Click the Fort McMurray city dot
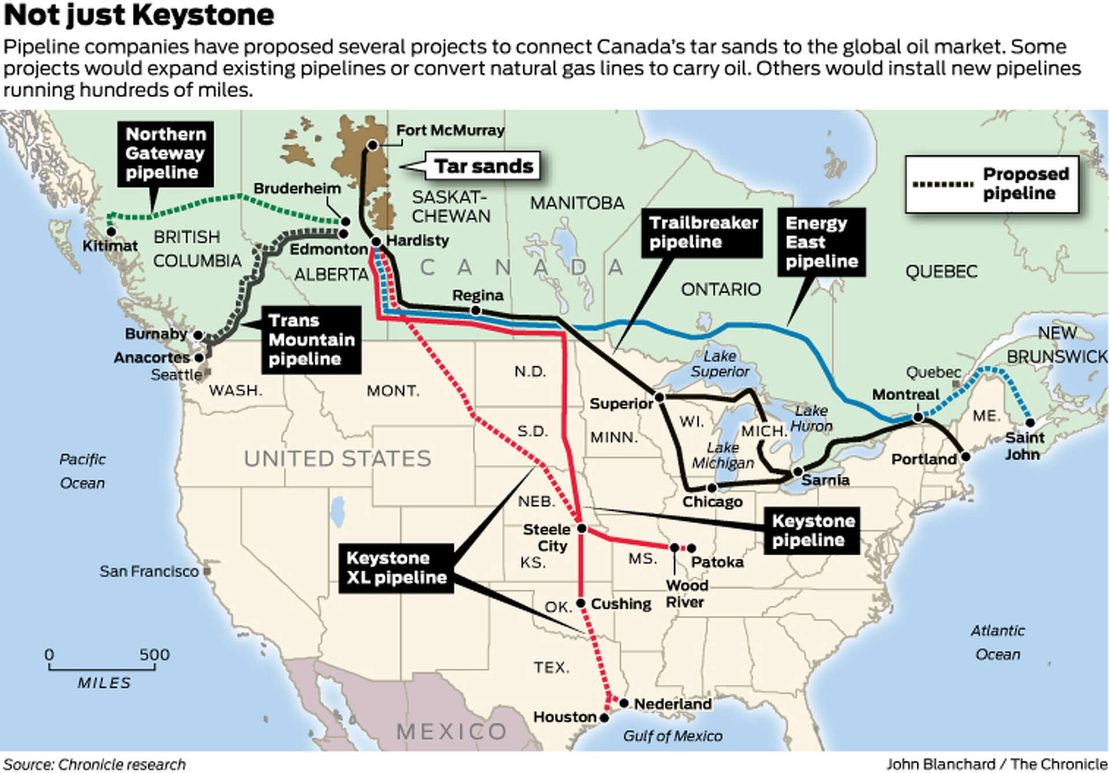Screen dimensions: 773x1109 (x=373, y=145)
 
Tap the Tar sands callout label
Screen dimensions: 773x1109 (x=483, y=166)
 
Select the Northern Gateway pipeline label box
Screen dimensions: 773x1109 (x=165, y=154)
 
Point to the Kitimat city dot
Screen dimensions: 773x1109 (x=111, y=231)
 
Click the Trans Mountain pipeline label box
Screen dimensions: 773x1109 (x=311, y=339)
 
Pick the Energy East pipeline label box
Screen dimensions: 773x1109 (x=821, y=242)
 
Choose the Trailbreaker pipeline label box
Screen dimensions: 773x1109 (x=702, y=232)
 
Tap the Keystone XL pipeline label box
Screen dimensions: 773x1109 (x=396, y=568)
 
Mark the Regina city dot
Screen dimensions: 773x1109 (x=476, y=311)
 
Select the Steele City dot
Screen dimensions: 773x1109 (x=582, y=528)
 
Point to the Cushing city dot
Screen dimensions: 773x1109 (x=581, y=603)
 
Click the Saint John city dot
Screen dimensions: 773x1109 (x=1030, y=423)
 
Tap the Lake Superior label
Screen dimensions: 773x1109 (x=720, y=364)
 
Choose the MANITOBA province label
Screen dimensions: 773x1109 (x=577, y=203)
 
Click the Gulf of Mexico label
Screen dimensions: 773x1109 (x=672, y=736)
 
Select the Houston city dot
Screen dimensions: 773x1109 (x=604, y=718)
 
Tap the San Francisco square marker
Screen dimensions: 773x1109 (x=207, y=571)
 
